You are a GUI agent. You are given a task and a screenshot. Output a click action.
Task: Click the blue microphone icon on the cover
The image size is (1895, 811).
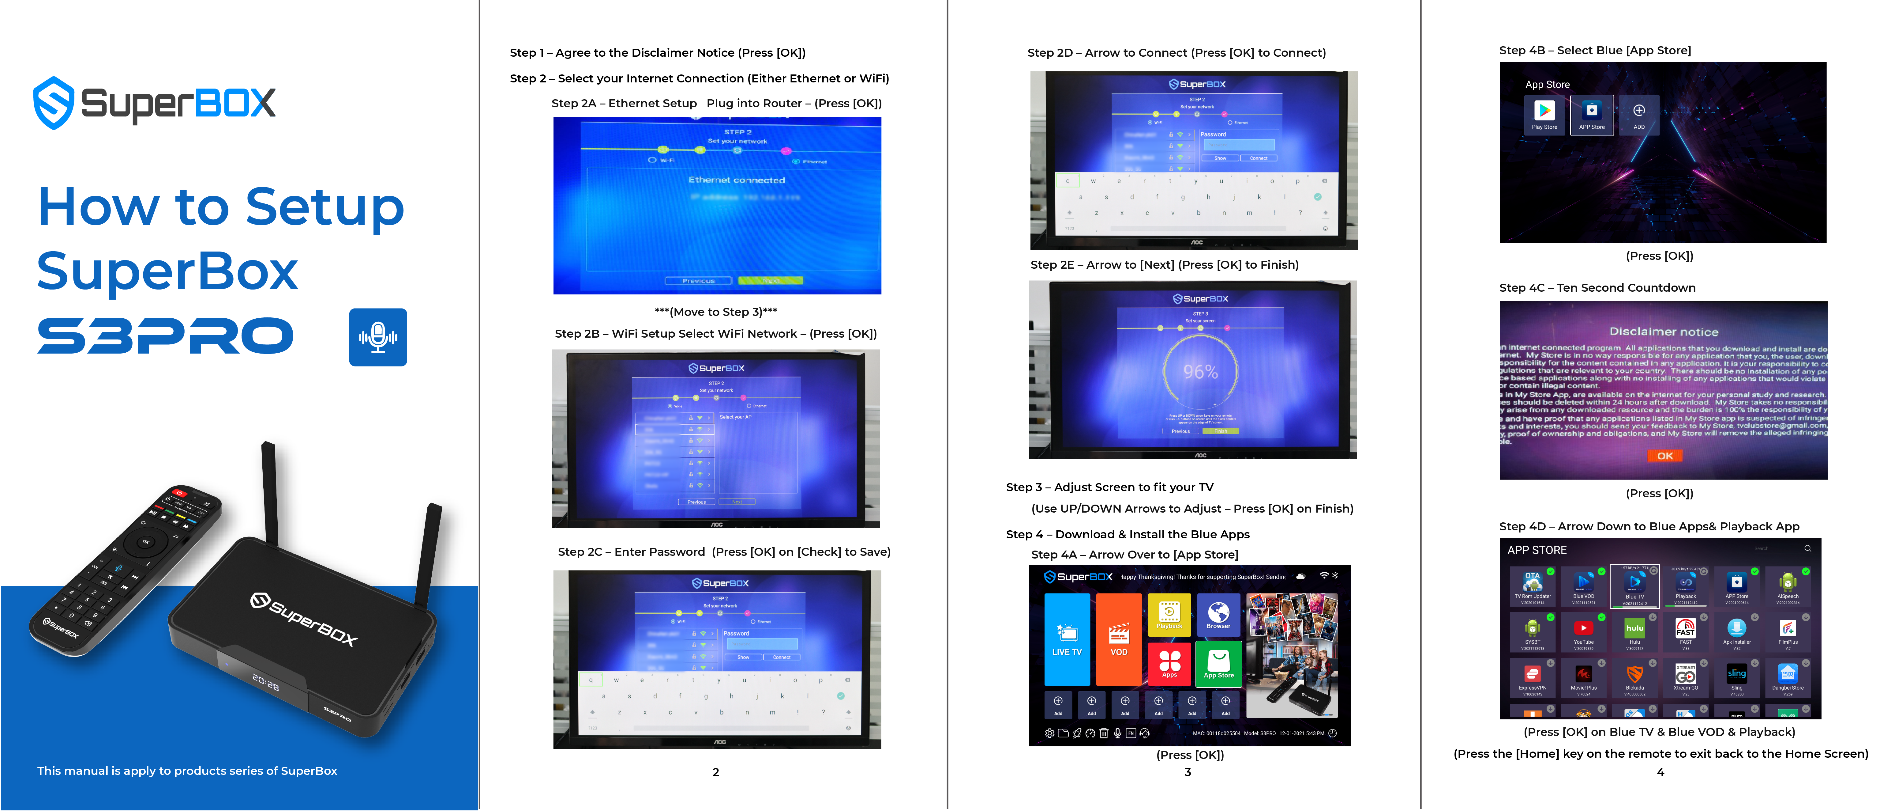[x=377, y=337]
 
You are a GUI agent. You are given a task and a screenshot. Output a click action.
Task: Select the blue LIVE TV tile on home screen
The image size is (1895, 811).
[x=1067, y=639]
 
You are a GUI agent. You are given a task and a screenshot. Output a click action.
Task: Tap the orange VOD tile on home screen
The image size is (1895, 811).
[x=1118, y=639]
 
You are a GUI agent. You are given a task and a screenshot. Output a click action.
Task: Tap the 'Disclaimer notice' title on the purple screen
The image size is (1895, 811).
[x=1663, y=332]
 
